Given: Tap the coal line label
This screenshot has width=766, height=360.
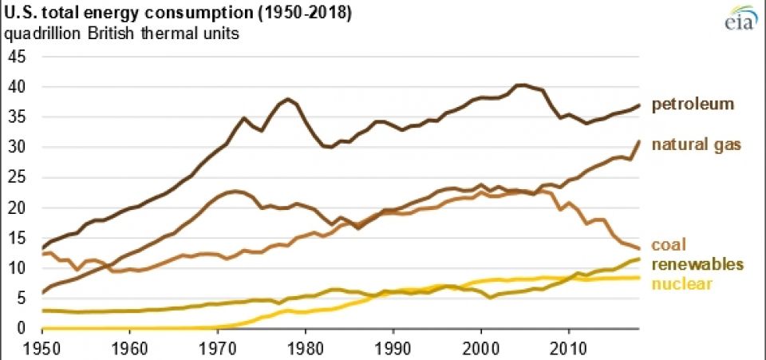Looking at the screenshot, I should coord(669,244).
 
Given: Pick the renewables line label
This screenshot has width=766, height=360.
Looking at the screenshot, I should coord(697,264).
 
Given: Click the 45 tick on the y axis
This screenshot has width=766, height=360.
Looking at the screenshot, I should coord(17,57).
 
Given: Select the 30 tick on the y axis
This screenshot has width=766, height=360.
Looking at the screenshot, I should coord(17,147).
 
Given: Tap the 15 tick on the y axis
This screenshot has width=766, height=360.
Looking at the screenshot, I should coord(17,238).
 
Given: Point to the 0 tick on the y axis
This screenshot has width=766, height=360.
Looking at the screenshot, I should coord(22,328).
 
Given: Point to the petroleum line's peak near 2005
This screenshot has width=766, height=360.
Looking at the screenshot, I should coord(521,85).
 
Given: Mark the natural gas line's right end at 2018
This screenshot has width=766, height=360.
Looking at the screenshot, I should coord(639,141).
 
